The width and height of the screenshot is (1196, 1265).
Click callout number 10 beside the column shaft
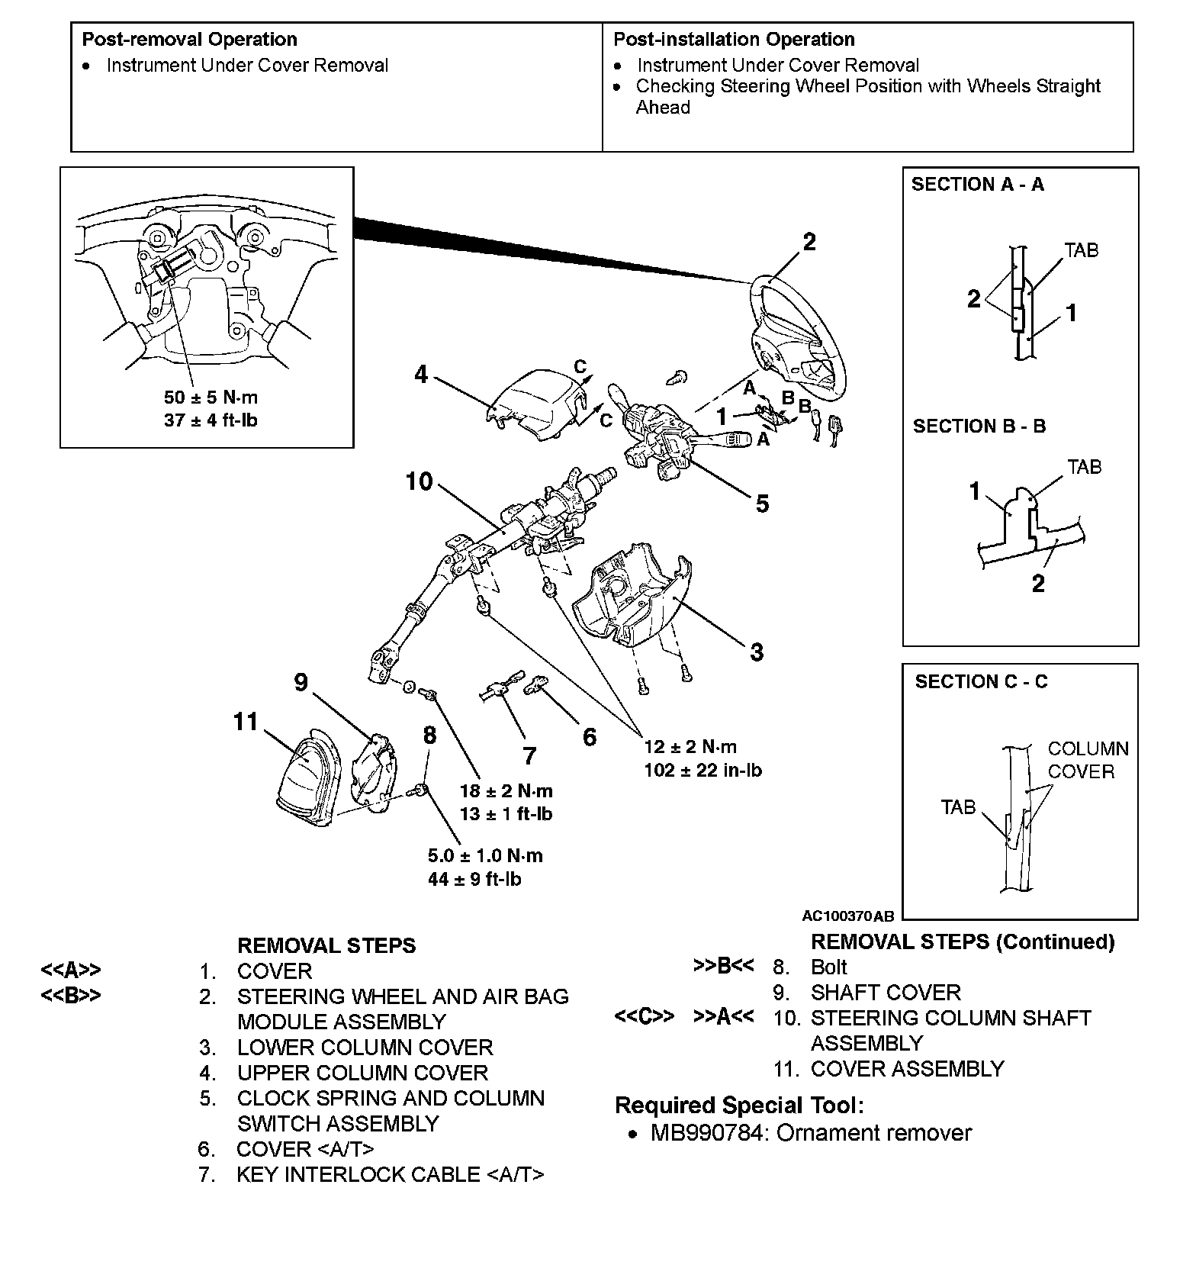[x=419, y=482]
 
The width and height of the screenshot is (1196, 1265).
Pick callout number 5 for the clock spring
[x=762, y=504]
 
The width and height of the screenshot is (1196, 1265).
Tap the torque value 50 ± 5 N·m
[x=211, y=398]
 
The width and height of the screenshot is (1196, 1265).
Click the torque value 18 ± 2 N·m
[x=506, y=791]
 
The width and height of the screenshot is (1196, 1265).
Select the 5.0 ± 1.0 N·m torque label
[x=485, y=856]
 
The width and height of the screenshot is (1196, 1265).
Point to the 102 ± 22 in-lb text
[x=702, y=771]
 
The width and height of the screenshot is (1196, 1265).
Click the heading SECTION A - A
[x=977, y=185]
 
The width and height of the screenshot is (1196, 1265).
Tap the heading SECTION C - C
[x=981, y=682]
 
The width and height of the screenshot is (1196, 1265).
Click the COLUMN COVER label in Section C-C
[x=1087, y=760]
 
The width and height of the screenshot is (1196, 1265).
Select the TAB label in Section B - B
[x=1084, y=467]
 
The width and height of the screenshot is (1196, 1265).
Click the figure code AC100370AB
[x=847, y=916]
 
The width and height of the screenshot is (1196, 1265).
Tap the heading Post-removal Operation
[x=189, y=40]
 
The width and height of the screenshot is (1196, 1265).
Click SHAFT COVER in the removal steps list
[x=885, y=993]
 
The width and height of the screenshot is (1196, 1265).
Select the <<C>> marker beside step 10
[x=644, y=1018]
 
